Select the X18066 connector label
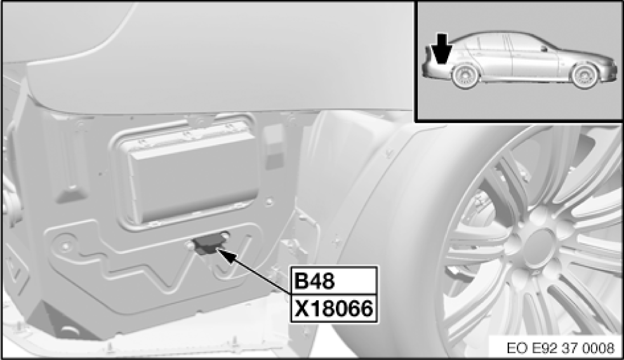(333, 308)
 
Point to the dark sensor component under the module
(208, 244)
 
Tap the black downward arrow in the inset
(442, 48)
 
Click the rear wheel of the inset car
(466, 77)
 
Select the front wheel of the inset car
(585, 76)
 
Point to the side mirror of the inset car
(543, 48)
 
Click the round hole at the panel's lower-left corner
(65, 246)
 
